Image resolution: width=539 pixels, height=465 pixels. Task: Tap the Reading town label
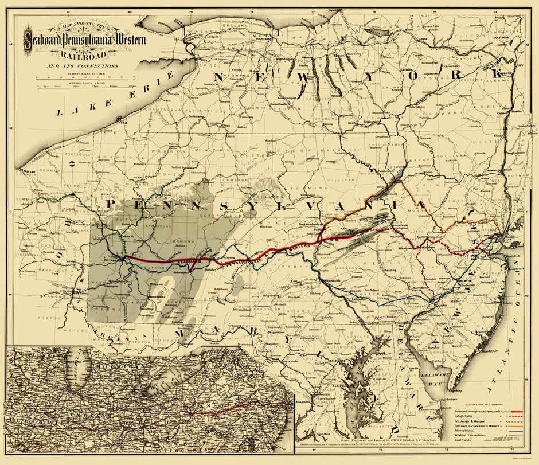[x=390, y=269]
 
